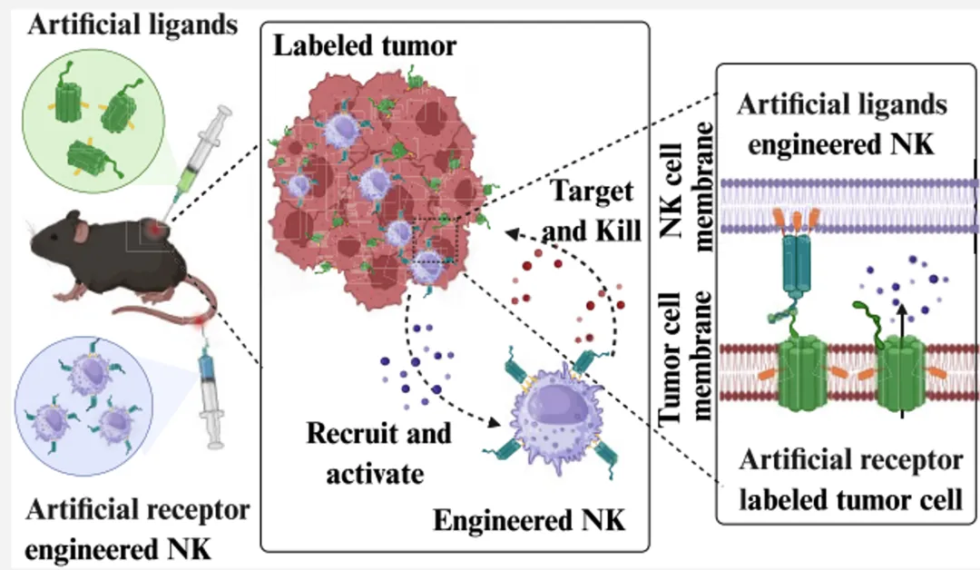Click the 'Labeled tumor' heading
tap(365, 46)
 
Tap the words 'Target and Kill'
tap(592, 211)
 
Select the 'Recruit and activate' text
tap(378, 453)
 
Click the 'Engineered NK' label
tap(529, 520)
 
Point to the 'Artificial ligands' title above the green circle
tap(132, 25)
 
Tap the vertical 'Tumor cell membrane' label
tap(685, 359)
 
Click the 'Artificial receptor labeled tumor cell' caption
tap(850, 479)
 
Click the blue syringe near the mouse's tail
tap(210, 394)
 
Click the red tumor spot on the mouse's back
tap(152, 230)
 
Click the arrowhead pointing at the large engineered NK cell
tap(493, 422)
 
